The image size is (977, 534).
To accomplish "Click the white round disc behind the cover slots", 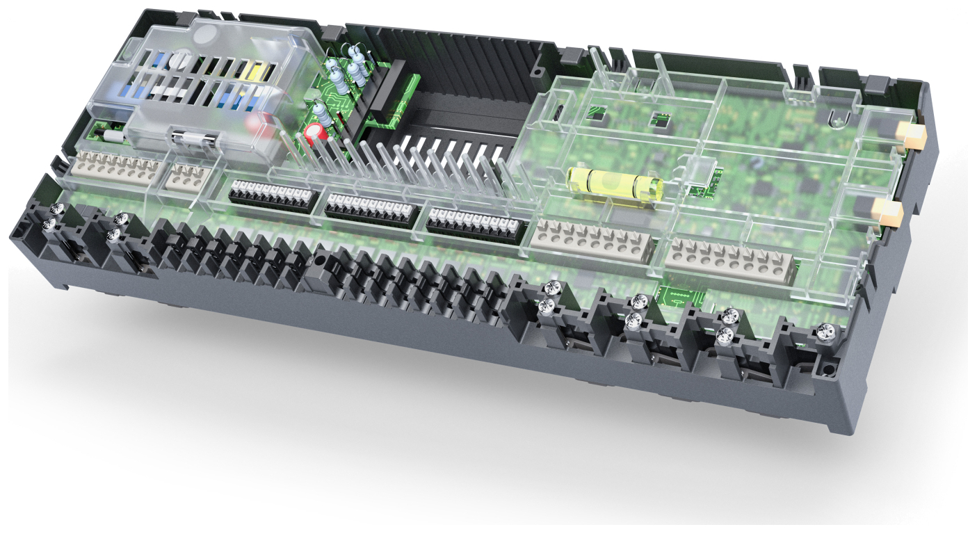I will [179, 60].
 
